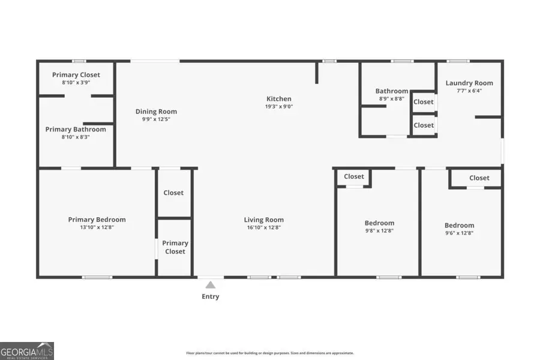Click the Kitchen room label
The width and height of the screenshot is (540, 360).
click(x=279, y=99)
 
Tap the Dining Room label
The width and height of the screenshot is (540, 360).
click(x=156, y=112)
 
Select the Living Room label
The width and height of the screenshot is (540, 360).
click(x=263, y=220)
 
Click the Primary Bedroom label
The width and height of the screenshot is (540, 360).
click(x=97, y=220)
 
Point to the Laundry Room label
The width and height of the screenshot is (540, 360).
click(x=469, y=83)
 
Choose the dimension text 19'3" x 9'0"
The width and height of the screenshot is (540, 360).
click(x=279, y=107)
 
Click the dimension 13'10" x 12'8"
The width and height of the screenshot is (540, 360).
click(x=97, y=227)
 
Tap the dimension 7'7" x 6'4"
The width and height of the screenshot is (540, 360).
click(x=469, y=91)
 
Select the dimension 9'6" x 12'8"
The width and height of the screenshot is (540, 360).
click(x=459, y=233)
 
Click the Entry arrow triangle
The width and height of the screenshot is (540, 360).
click(x=210, y=285)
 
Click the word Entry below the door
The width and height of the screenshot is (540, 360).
click(x=210, y=296)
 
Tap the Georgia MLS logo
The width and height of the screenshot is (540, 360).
click(x=27, y=350)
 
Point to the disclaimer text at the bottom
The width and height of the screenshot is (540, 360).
click(x=270, y=353)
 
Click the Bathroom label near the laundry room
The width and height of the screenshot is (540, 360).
click(x=392, y=91)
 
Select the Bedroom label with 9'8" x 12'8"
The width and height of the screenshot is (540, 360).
click(x=380, y=223)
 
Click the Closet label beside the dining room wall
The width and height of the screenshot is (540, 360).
click(x=173, y=193)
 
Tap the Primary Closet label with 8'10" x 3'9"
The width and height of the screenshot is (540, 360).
click(x=76, y=75)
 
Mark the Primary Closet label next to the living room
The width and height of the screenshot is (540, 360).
click(x=175, y=247)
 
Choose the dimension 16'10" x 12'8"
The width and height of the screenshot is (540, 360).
click(x=263, y=227)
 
